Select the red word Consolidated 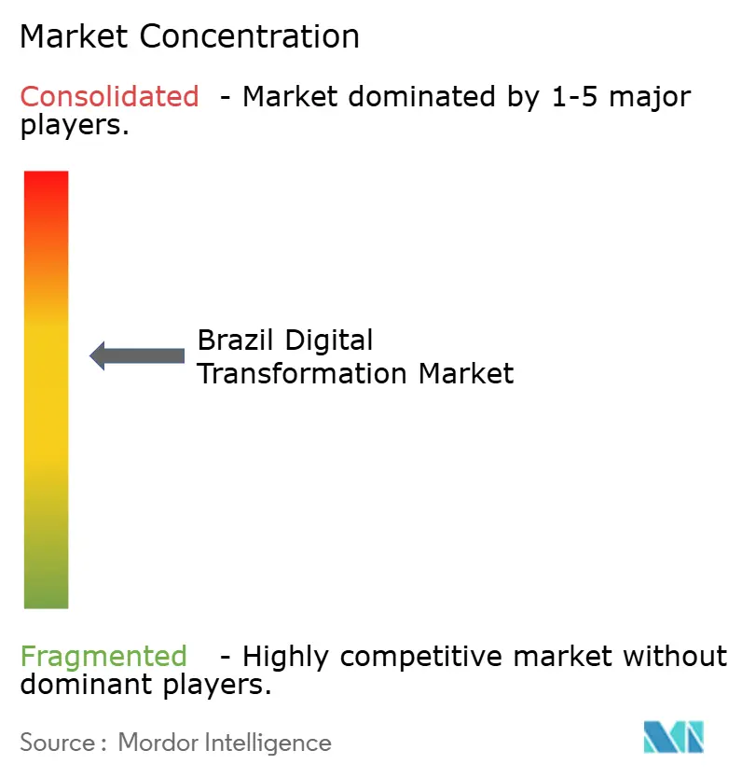pyautogui.click(x=109, y=96)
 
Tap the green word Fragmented pyautogui.click(x=103, y=657)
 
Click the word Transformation pyautogui.click(x=303, y=374)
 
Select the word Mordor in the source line pyautogui.click(x=156, y=743)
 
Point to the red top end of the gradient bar pyautogui.click(x=46, y=182)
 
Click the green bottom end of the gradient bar pyautogui.click(x=46, y=597)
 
